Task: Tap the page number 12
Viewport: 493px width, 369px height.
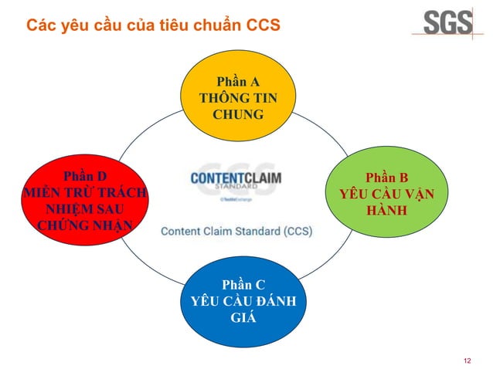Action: coord(466,361)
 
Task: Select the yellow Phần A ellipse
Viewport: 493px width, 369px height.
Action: coord(238,99)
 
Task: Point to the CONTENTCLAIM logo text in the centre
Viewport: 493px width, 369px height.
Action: coord(236,178)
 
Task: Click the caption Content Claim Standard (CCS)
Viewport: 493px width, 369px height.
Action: coord(236,231)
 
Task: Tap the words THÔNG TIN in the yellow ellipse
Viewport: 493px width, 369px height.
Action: coord(238,99)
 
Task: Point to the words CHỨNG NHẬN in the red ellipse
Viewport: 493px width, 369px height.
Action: coord(84,225)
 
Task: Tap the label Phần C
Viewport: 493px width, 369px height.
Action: coord(242,284)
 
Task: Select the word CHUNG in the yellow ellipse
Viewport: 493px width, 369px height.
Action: coord(238,115)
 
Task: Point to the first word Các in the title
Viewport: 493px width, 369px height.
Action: coord(41,25)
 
